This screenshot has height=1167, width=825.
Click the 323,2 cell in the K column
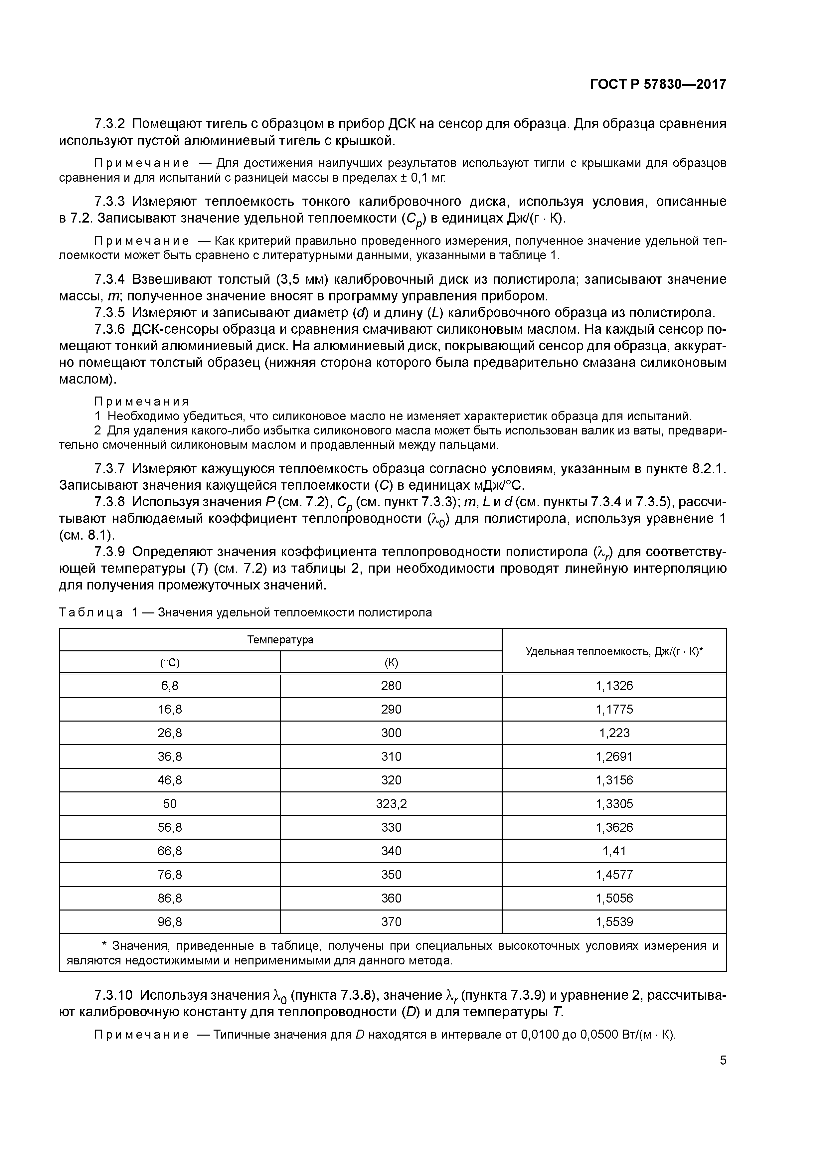(391, 804)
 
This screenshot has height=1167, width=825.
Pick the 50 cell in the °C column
(170, 804)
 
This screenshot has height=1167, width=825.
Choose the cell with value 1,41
(614, 851)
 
